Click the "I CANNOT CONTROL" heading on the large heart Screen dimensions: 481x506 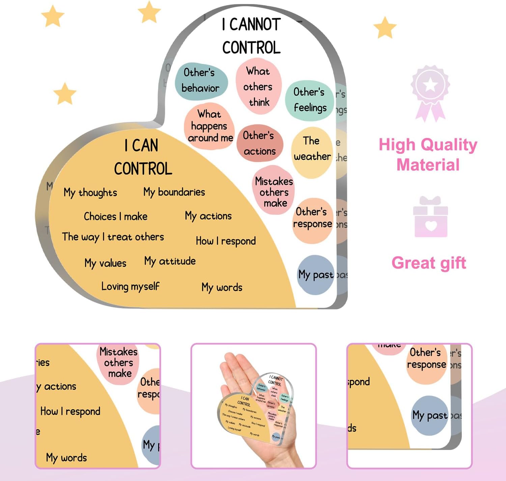(251, 36)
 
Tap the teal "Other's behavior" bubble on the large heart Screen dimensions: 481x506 (201, 81)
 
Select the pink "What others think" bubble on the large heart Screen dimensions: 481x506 (258, 87)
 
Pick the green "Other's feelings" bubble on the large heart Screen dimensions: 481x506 (309, 100)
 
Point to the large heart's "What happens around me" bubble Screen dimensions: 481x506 (209, 126)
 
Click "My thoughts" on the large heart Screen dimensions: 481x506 (90, 193)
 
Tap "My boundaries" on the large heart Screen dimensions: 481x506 (174, 192)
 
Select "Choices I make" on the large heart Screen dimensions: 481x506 (115, 216)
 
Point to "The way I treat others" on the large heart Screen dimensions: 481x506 (113, 237)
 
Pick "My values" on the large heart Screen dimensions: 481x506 (105, 263)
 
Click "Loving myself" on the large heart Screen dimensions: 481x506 (130, 287)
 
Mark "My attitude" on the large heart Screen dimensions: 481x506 (170, 261)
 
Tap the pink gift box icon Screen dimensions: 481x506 (430, 218)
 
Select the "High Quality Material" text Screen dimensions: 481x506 (428, 154)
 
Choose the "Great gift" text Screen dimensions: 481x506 (429, 263)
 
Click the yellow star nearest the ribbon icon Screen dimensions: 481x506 (385, 28)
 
